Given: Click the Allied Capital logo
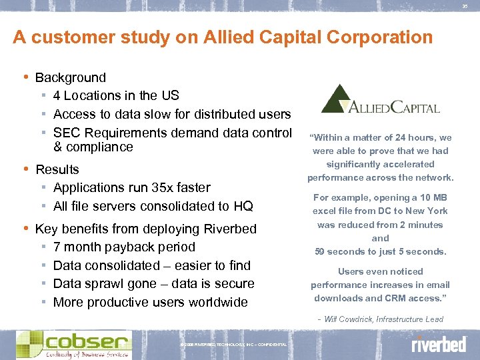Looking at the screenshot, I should click(x=380, y=100).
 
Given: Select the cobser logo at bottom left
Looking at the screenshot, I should click(x=73, y=343).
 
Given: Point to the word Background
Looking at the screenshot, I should click(x=70, y=78).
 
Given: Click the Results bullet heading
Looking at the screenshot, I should click(x=57, y=169).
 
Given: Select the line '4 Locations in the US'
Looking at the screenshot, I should click(x=116, y=96).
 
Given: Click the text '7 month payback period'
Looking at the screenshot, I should click(x=124, y=247).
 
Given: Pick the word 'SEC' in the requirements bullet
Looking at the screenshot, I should click(x=67, y=133).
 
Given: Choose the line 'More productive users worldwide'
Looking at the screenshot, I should click(x=150, y=302).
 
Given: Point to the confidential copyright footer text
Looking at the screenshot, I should click(x=233, y=345).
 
